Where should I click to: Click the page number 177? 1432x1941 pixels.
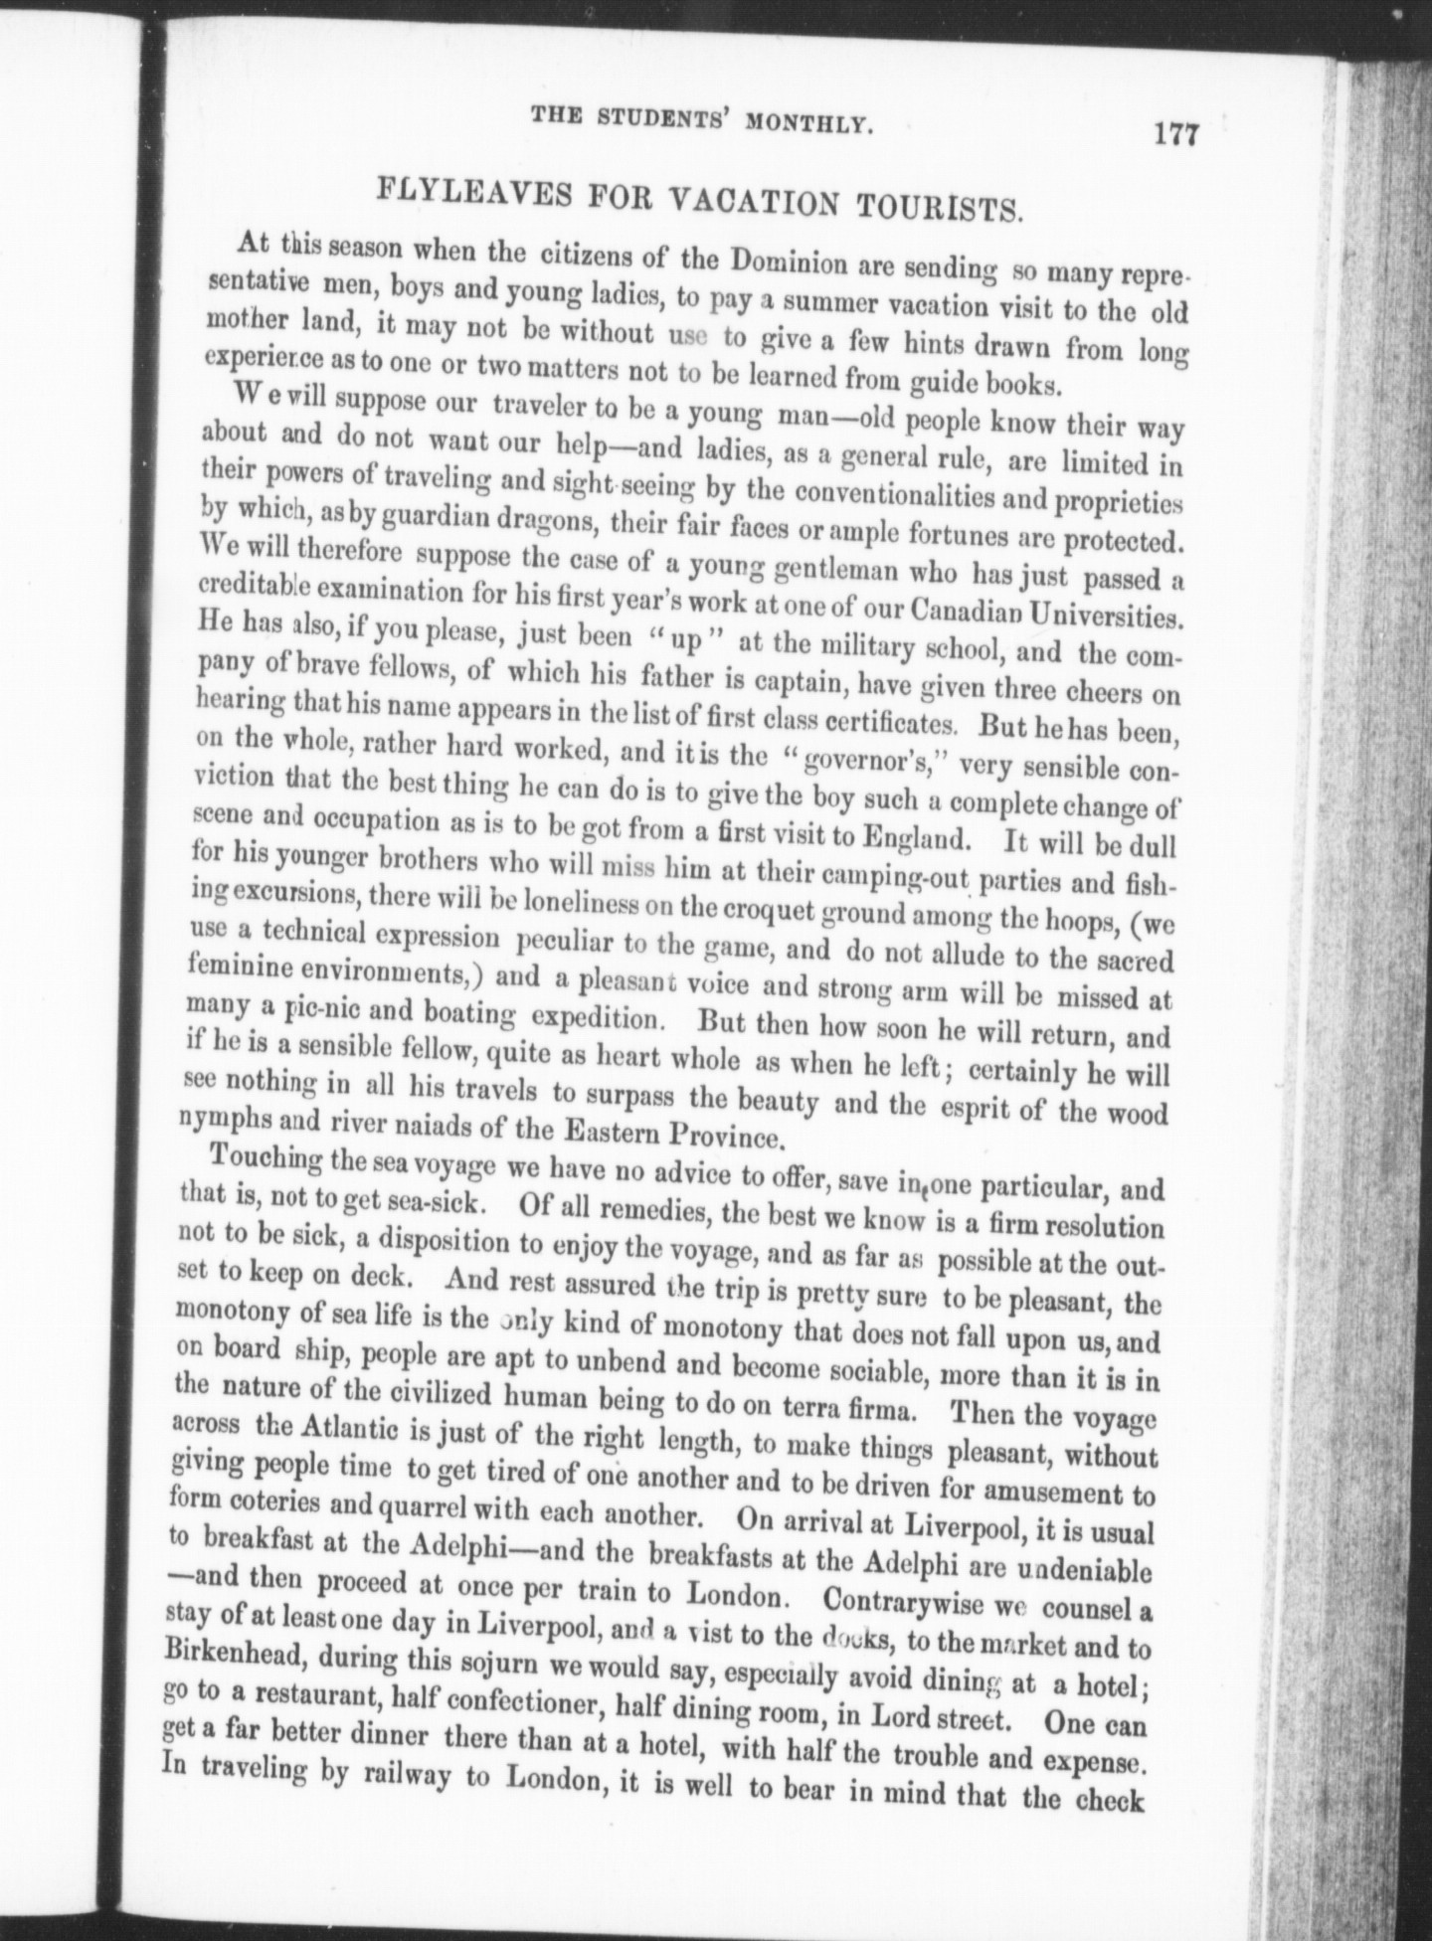(x=1177, y=135)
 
